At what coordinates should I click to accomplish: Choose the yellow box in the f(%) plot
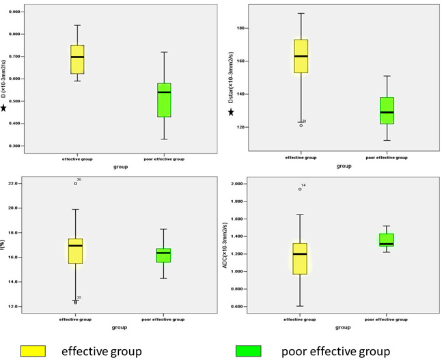coord(76,251)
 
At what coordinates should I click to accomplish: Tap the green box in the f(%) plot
coord(164,255)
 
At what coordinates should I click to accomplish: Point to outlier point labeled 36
coord(76,184)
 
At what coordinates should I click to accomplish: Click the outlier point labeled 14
coord(299,189)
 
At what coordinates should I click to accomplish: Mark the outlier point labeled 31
coord(301,125)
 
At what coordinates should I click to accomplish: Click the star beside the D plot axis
coord(5,107)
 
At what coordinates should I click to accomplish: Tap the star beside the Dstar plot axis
coord(231,112)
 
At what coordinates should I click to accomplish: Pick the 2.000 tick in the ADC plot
coord(238,184)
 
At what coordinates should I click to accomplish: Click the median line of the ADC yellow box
coord(299,254)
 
